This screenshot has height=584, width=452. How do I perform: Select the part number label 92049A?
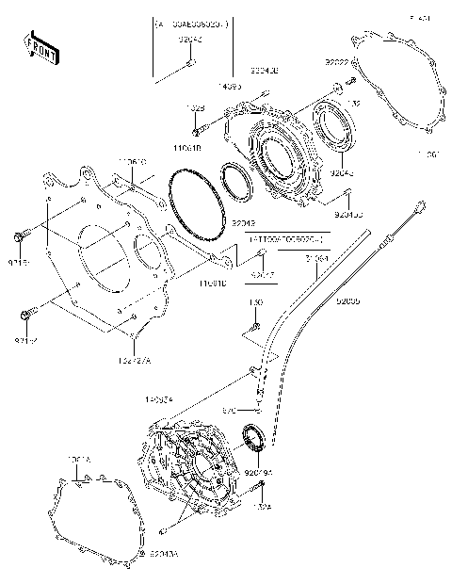click(x=257, y=472)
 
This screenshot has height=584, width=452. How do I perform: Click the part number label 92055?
click(x=347, y=301)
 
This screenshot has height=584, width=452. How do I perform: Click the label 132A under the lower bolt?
click(x=263, y=506)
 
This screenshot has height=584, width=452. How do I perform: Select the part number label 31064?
click(x=316, y=256)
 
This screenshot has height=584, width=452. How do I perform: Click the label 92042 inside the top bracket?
click(x=190, y=39)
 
